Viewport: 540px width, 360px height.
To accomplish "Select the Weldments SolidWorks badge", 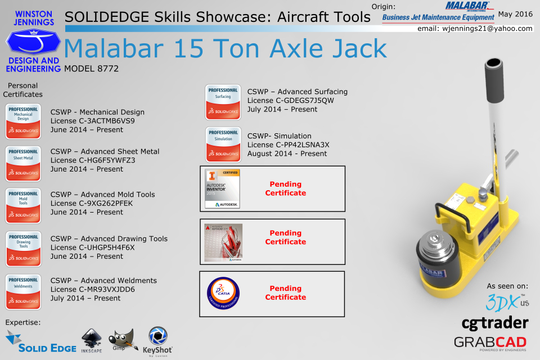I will point(23,292).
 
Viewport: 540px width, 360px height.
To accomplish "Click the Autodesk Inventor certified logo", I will point(222,188).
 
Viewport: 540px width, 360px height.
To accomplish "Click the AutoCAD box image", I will point(223,242).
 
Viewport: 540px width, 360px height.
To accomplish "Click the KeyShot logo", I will point(157,341).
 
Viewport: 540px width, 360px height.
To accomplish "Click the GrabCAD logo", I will point(490,343).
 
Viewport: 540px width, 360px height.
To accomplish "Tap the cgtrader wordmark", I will point(494,323).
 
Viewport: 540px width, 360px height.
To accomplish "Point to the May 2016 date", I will point(515,13).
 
